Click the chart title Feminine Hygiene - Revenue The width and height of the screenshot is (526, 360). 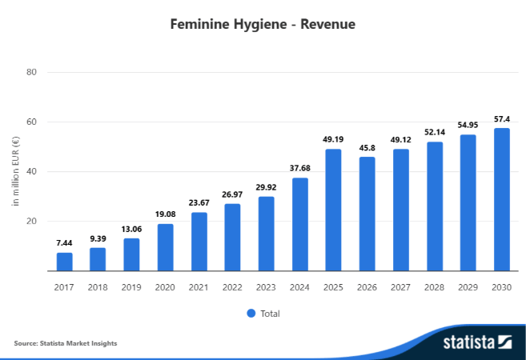[x=263, y=24]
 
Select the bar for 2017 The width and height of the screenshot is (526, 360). [x=64, y=262]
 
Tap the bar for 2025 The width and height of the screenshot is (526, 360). [x=333, y=210]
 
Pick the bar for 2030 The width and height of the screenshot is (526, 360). [x=501, y=199]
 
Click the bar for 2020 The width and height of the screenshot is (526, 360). [x=165, y=247]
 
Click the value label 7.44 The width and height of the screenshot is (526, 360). [x=64, y=242]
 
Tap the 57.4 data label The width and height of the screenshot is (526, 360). [x=501, y=118]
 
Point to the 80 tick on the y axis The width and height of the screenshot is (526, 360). [x=33, y=73]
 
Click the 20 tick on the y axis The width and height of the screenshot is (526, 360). [x=33, y=222]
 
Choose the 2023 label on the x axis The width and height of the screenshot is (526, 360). [x=266, y=287]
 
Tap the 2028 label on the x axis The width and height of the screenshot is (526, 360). [x=434, y=287]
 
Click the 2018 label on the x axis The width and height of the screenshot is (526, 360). [x=98, y=287]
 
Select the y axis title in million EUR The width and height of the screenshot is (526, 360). [x=15, y=172]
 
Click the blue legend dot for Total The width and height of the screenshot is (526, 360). [x=251, y=314]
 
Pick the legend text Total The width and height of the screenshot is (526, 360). [x=270, y=314]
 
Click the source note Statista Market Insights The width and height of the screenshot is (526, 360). [x=66, y=343]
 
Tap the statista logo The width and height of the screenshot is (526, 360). [x=477, y=342]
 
